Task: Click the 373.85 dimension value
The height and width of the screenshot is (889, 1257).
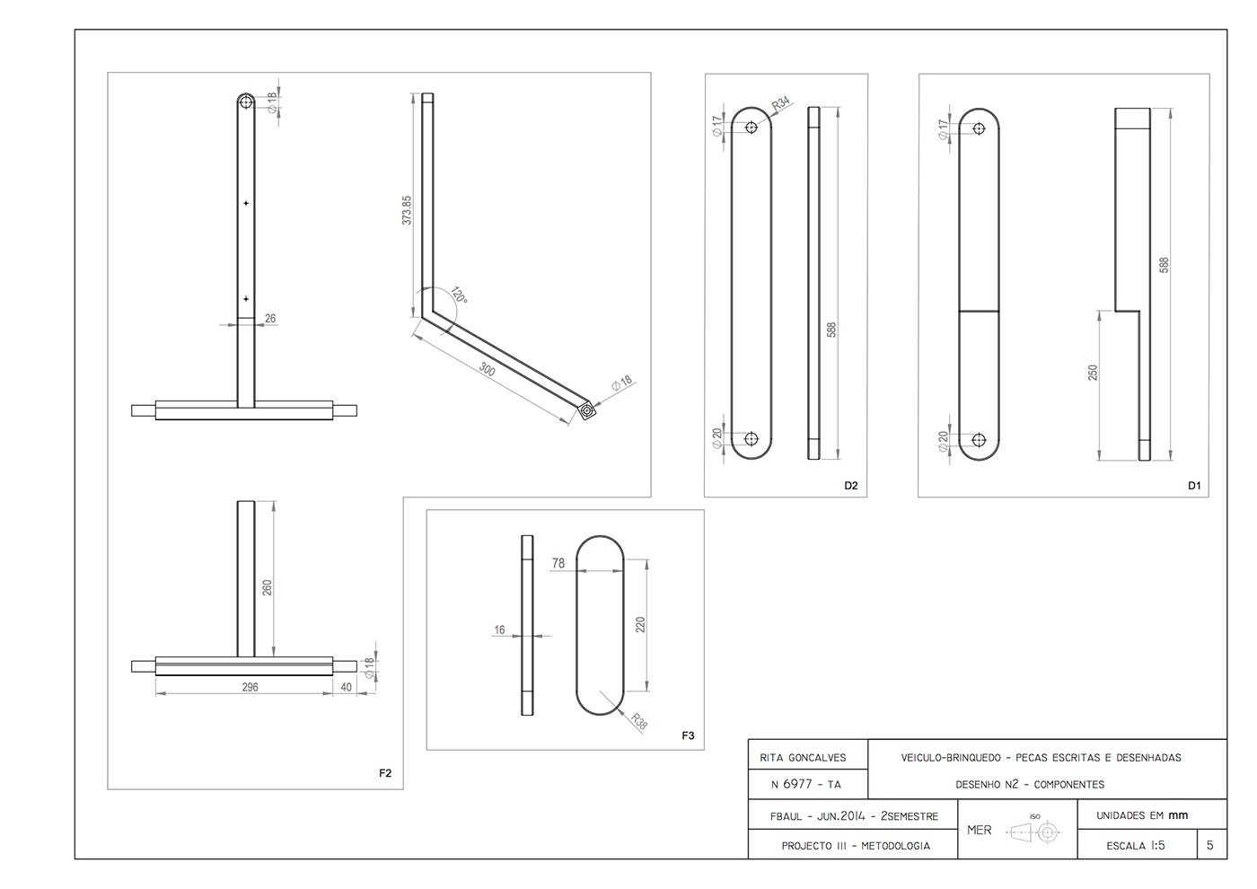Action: pos(407,209)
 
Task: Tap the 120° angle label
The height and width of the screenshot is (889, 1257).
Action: pos(459,295)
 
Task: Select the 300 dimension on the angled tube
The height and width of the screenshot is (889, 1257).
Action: pos(487,369)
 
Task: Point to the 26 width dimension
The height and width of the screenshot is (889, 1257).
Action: pos(270,318)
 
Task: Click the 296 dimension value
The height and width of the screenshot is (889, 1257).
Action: pos(250,687)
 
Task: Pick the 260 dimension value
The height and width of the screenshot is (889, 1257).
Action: pos(267,588)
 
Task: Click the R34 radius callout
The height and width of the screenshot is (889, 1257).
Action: pos(782,104)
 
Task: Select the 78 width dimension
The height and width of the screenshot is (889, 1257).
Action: pos(558,563)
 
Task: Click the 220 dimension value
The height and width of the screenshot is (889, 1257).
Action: pos(640,624)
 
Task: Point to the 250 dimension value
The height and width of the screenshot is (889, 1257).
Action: pos(1093,373)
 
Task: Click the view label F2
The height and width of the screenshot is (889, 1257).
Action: pos(385,773)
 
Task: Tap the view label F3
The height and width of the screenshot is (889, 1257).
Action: pos(688,735)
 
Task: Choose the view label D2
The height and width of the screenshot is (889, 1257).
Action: pos(850,486)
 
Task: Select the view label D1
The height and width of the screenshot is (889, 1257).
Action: pos(1193,486)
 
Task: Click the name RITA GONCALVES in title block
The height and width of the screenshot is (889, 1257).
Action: pos(808,757)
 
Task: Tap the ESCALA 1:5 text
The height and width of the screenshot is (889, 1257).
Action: pos(1136,845)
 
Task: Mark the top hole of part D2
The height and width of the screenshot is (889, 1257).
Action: pos(752,128)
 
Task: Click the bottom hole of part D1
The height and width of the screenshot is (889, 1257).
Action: pos(979,440)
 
